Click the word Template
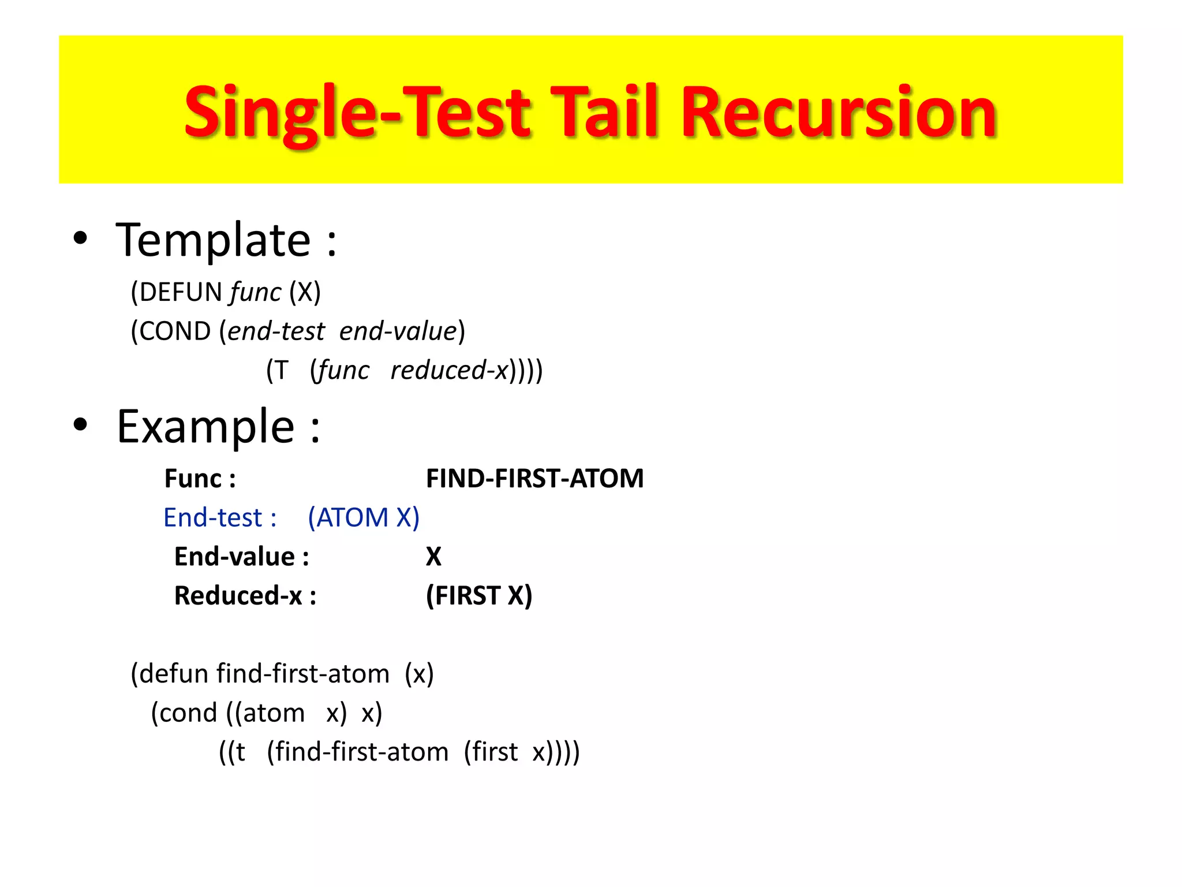pyautogui.click(x=214, y=240)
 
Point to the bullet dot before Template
pyautogui.click(x=80, y=238)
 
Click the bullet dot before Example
pyautogui.click(x=80, y=424)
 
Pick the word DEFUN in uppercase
pyautogui.click(x=181, y=292)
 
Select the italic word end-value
pyautogui.click(x=398, y=331)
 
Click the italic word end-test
pyautogui.click(x=276, y=331)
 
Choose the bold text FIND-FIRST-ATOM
pyautogui.click(x=534, y=478)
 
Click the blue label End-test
pyautogui.click(x=213, y=517)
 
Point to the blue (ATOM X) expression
pyautogui.click(x=364, y=517)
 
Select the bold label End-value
pyautogui.click(x=235, y=557)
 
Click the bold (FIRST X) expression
pyautogui.click(x=479, y=595)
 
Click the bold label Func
pyautogui.click(x=193, y=478)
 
